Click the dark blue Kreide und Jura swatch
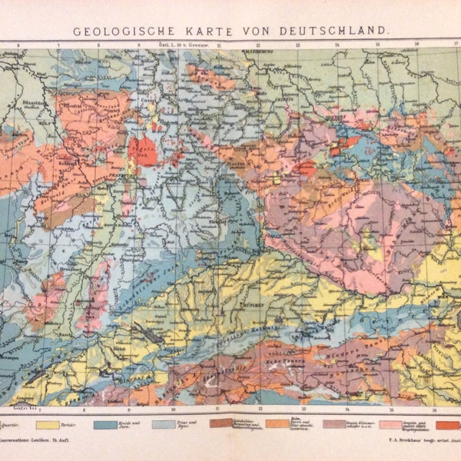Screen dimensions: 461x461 (x=106, y=424)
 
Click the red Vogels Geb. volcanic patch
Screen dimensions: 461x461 (x=143, y=151)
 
